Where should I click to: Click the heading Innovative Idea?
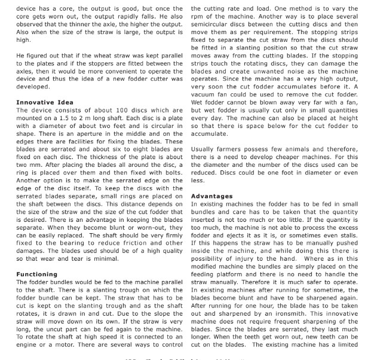[45, 103]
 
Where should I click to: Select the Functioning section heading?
[37, 274]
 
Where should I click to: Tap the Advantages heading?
[211, 196]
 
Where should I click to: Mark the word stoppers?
[98, 63]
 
